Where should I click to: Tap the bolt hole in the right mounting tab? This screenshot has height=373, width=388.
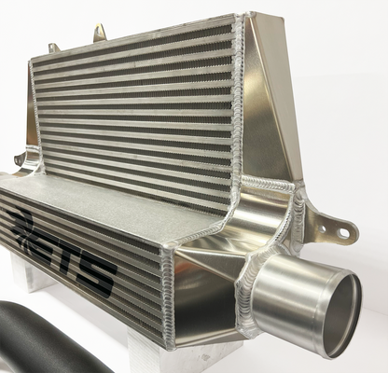[x=343, y=232]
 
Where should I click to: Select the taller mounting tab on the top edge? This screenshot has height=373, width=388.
[x=99, y=33]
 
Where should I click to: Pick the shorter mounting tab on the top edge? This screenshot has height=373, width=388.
[x=54, y=47]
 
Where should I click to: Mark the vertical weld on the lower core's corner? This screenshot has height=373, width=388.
[x=170, y=289]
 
